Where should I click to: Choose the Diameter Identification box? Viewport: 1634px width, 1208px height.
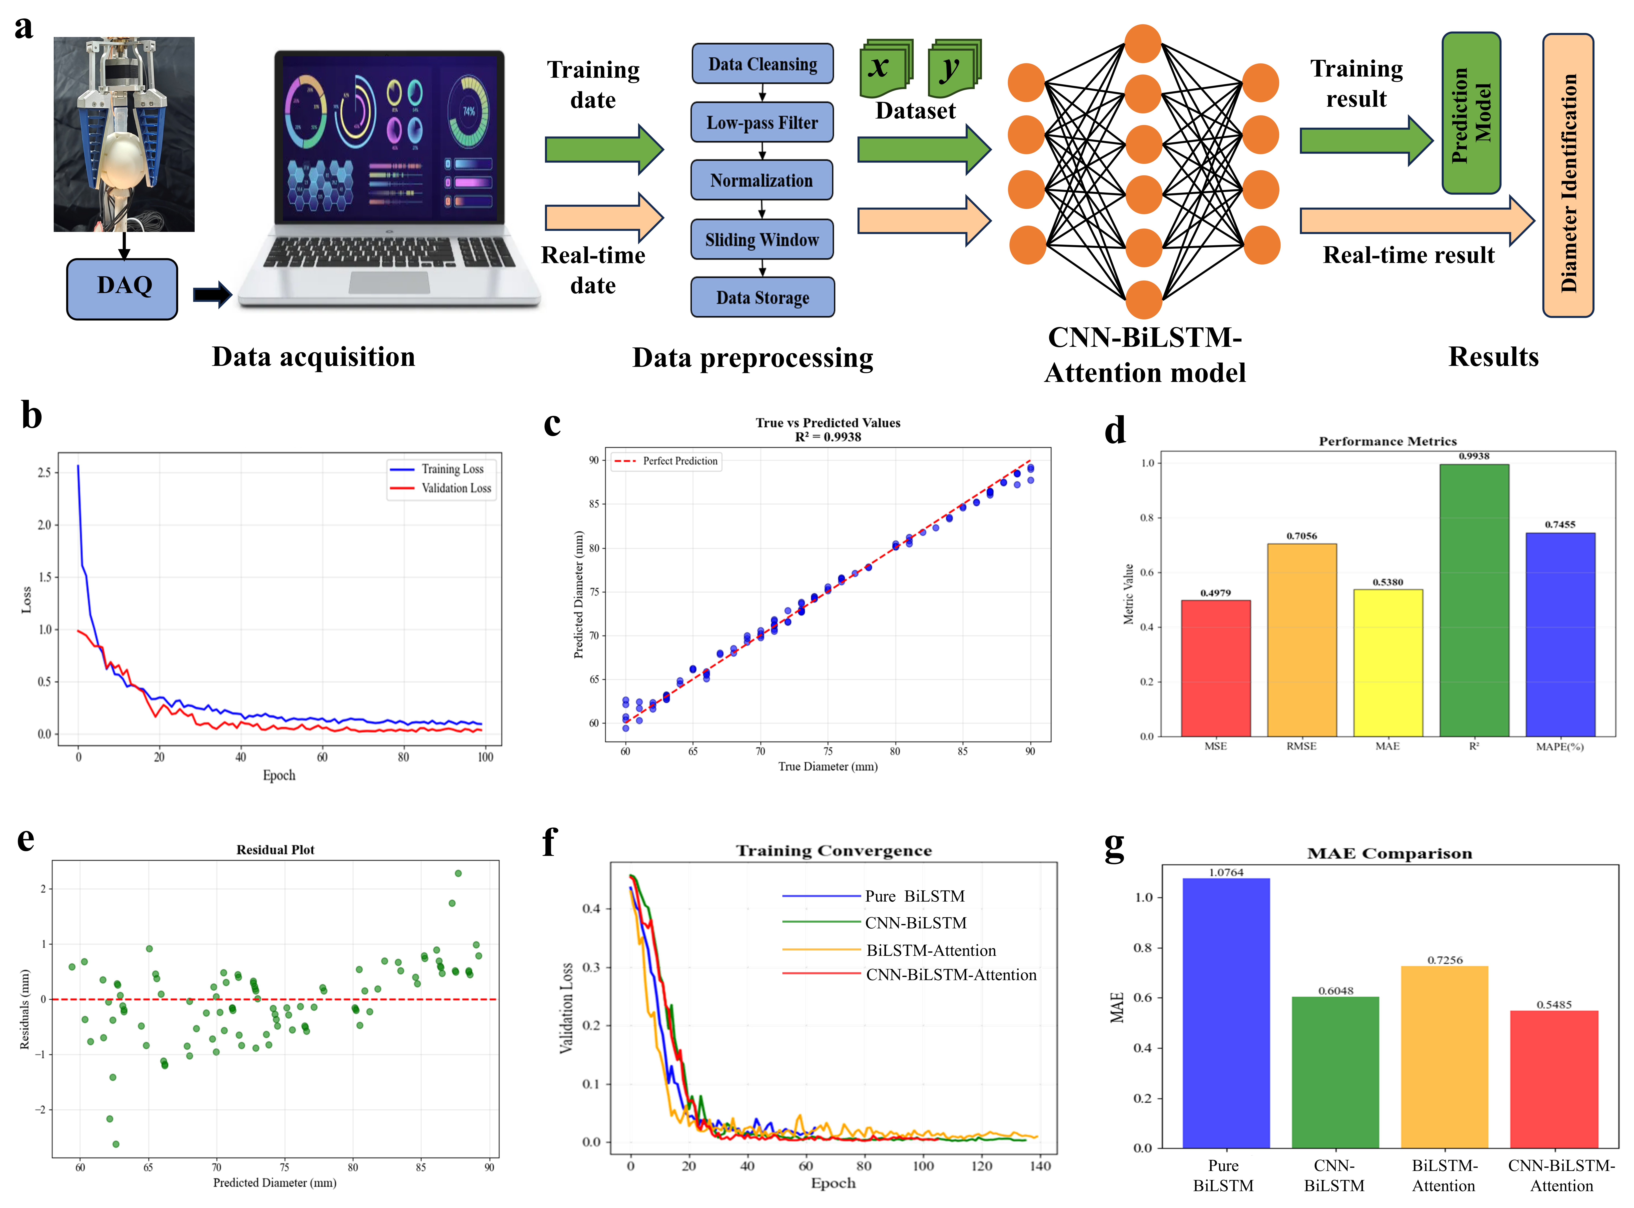pyautogui.click(x=1567, y=175)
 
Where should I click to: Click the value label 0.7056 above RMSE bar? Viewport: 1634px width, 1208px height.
pyautogui.click(x=1301, y=536)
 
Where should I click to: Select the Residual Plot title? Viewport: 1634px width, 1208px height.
pyautogui.click(x=275, y=850)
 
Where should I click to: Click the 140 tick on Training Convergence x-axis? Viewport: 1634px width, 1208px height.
pyautogui.click(x=1039, y=1166)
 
